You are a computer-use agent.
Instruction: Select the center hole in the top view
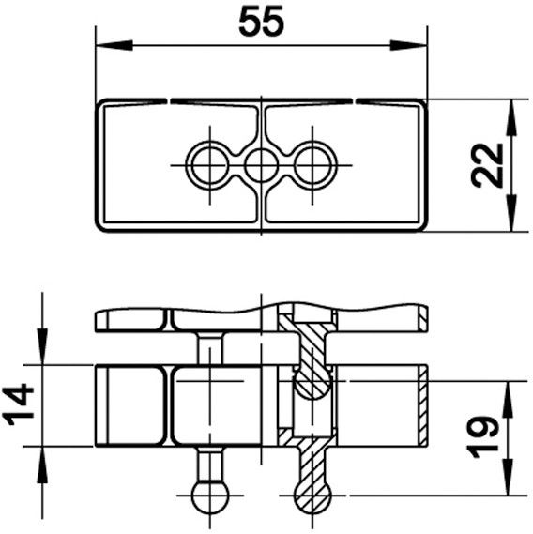click(260, 166)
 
